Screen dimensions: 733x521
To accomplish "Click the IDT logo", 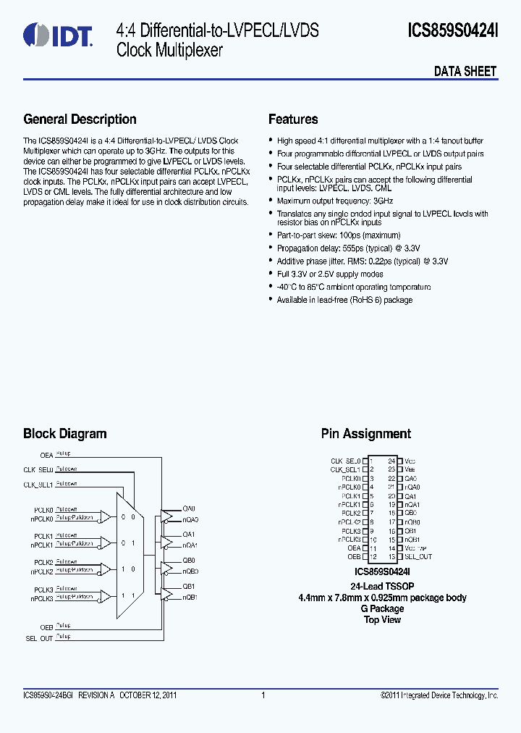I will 59,34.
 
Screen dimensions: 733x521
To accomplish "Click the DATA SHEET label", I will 465,71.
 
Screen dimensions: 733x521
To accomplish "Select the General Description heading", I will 80,120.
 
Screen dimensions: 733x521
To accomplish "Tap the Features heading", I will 293,120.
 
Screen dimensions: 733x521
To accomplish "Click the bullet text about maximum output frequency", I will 335,201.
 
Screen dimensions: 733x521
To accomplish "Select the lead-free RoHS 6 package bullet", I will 344,300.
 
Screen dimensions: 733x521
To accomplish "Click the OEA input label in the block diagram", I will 46,455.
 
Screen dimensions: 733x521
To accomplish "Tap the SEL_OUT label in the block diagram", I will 40,637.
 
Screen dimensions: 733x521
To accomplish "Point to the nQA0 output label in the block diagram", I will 190,519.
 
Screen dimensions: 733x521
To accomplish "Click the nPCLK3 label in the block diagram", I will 42,599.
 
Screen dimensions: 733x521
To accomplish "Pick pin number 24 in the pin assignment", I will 391,461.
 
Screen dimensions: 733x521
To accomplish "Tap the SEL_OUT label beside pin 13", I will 418,557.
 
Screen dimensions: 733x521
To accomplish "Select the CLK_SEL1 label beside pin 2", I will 345,469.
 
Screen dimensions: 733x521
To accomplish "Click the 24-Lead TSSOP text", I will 382,587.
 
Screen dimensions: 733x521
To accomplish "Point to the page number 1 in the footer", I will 263,695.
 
